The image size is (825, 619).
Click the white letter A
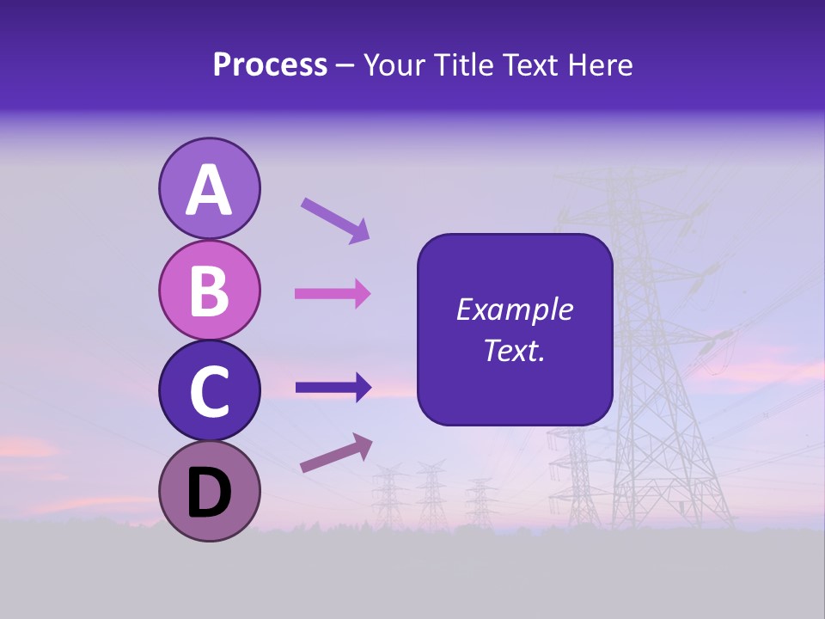(209, 190)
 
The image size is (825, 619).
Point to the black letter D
(209, 493)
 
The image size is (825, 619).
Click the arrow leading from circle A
(335, 220)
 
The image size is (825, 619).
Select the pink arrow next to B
(333, 294)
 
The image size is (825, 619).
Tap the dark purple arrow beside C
(333, 387)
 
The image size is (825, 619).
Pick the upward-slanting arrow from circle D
(336, 453)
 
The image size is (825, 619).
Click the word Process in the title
(270, 65)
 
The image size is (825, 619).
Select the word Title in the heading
(460, 65)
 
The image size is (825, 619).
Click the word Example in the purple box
(514, 309)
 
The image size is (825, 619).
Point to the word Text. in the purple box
(514, 350)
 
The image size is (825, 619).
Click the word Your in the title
(392, 65)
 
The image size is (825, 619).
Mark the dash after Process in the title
(345, 66)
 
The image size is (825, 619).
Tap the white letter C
(209, 392)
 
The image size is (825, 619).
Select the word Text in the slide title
(529, 65)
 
